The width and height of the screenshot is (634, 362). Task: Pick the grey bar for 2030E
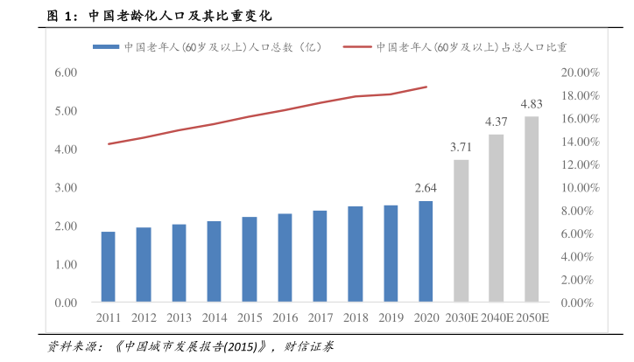pyautogui.click(x=461, y=231)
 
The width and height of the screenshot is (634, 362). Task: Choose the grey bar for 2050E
pyautogui.click(x=532, y=210)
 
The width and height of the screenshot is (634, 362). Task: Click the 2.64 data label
pyautogui.click(x=426, y=188)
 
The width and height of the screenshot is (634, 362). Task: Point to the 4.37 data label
pyautogui.click(x=497, y=122)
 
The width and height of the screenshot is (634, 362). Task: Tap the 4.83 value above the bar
pyautogui.click(x=532, y=104)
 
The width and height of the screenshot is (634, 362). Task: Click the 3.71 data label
pyautogui.click(x=461, y=147)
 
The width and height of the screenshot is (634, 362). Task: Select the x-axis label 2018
pyautogui.click(x=355, y=317)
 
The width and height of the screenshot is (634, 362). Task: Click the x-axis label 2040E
pyautogui.click(x=497, y=317)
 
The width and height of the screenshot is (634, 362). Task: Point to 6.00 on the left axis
pyautogui.click(x=67, y=73)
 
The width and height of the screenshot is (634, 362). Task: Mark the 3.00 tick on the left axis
pyautogui.click(x=67, y=188)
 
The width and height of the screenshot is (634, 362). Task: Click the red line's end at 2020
pyautogui.click(x=426, y=87)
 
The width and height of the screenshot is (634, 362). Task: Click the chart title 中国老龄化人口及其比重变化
pyautogui.click(x=175, y=16)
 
